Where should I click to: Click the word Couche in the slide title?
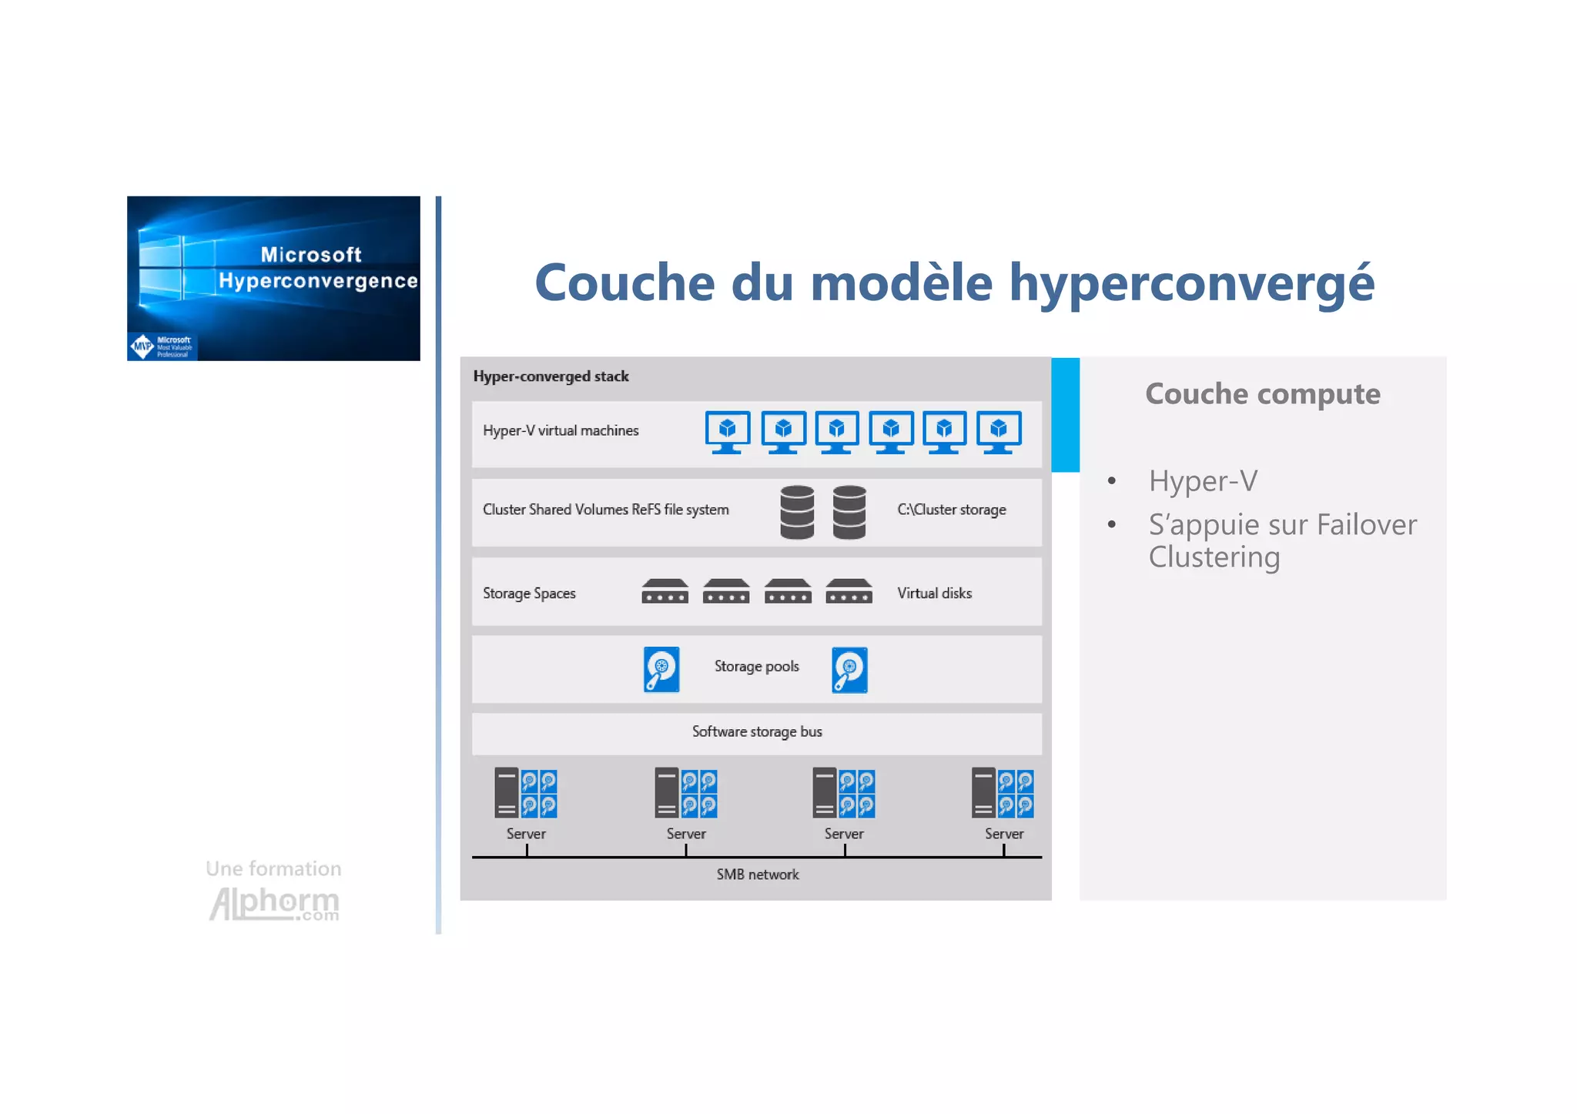[624, 283]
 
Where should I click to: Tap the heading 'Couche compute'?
[1262, 394]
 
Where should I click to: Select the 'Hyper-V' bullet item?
[1203, 481]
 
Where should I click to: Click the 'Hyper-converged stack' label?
[551, 376]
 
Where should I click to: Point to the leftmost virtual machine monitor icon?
[727, 432]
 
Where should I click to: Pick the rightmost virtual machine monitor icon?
[999, 432]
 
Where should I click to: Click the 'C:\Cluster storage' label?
[951, 510]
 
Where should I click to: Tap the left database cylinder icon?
[797, 512]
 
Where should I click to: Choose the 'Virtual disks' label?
[934, 594]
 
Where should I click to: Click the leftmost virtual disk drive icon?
[665, 591]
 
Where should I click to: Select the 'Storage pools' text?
[756, 667]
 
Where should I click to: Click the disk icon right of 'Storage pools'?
[849, 670]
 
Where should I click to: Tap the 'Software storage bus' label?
[756, 732]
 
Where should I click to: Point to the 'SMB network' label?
[758, 875]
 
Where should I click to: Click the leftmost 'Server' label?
[526, 834]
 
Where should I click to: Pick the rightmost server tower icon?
[983, 792]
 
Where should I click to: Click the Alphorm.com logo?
[274, 904]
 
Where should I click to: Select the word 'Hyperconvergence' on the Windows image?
[318, 281]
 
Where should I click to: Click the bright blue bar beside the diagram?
[1065, 414]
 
